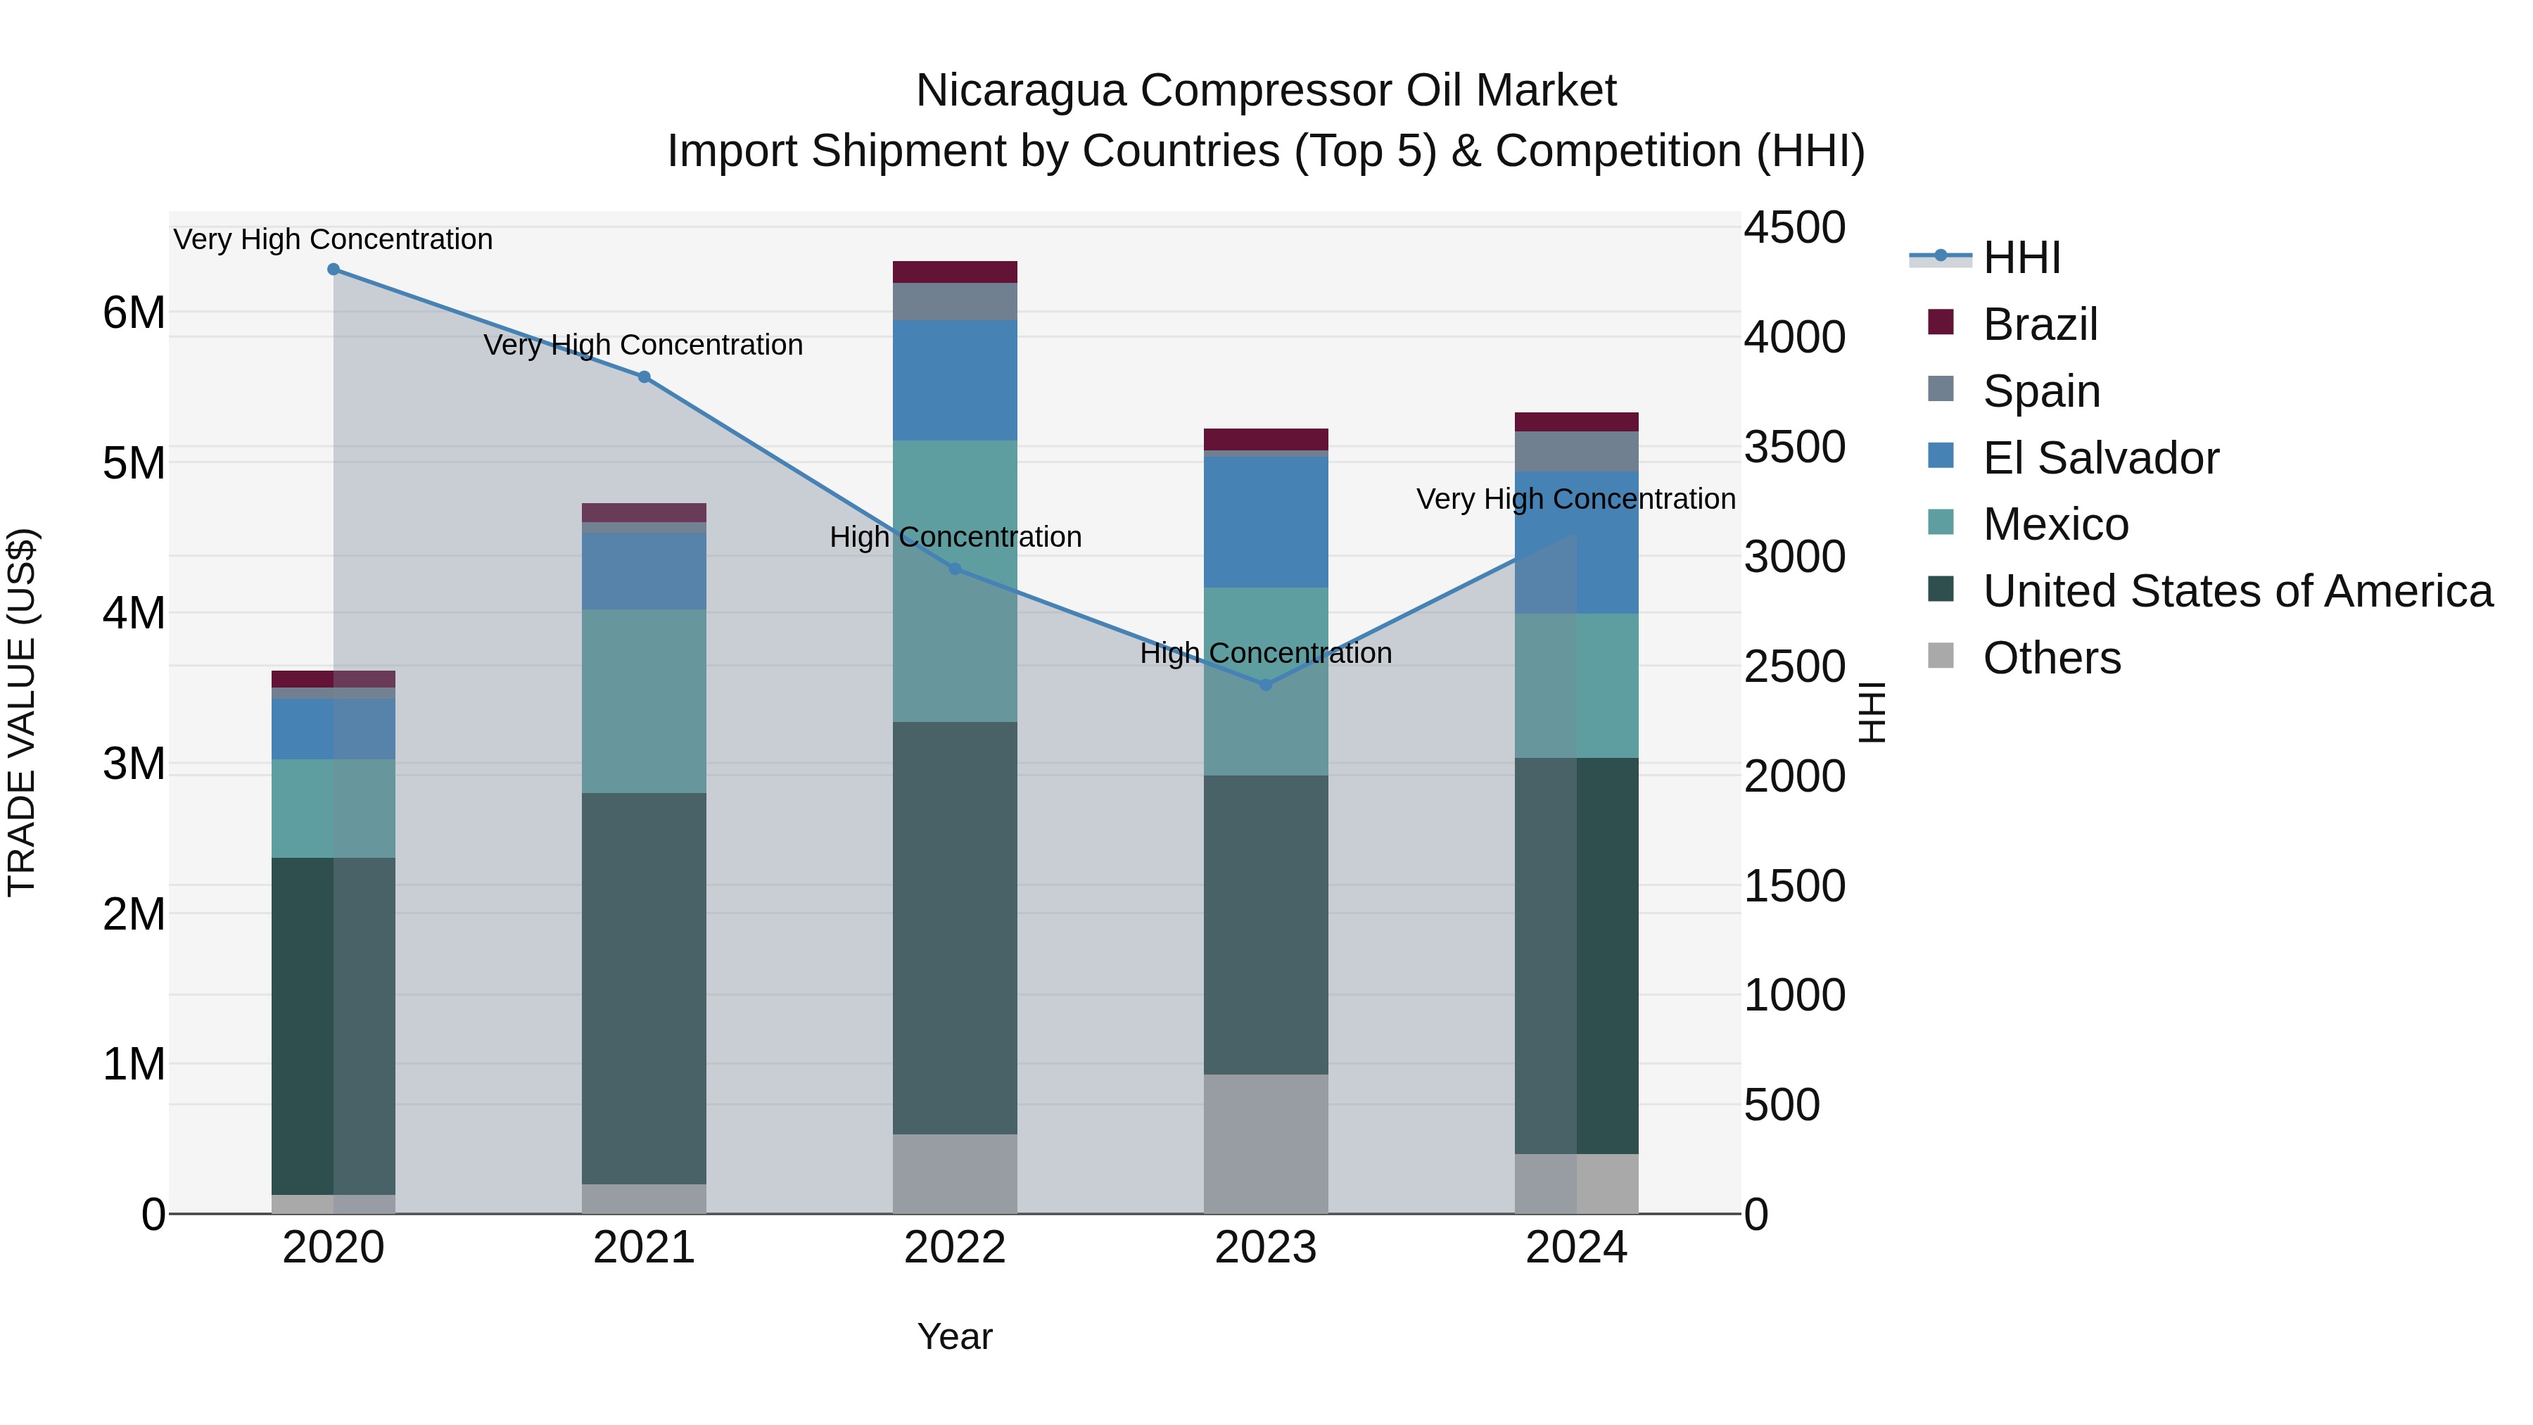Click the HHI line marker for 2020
pyautogui.click(x=334, y=270)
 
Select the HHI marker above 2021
pyautogui.click(x=644, y=376)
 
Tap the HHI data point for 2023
pyautogui.click(x=1266, y=685)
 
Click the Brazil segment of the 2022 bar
pyautogui.click(x=955, y=272)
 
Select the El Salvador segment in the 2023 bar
pyautogui.click(x=1266, y=522)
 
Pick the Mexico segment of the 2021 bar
pyautogui.click(x=644, y=701)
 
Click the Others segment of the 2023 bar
pyautogui.click(x=1266, y=1144)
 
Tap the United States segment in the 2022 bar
pyautogui.click(x=955, y=927)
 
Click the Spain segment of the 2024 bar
pyautogui.click(x=1576, y=451)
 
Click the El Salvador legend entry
pyautogui.click(x=2100, y=458)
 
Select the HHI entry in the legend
pyautogui.click(x=2021, y=258)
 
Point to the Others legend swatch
pyautogui.click(x=1941, y=655)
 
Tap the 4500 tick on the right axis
pyautogui.click(x=1794, y=228)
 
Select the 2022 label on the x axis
pyautogui.click(x=955, y=1248)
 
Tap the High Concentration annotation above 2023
pyautogui.click(x=1266, y=653)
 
